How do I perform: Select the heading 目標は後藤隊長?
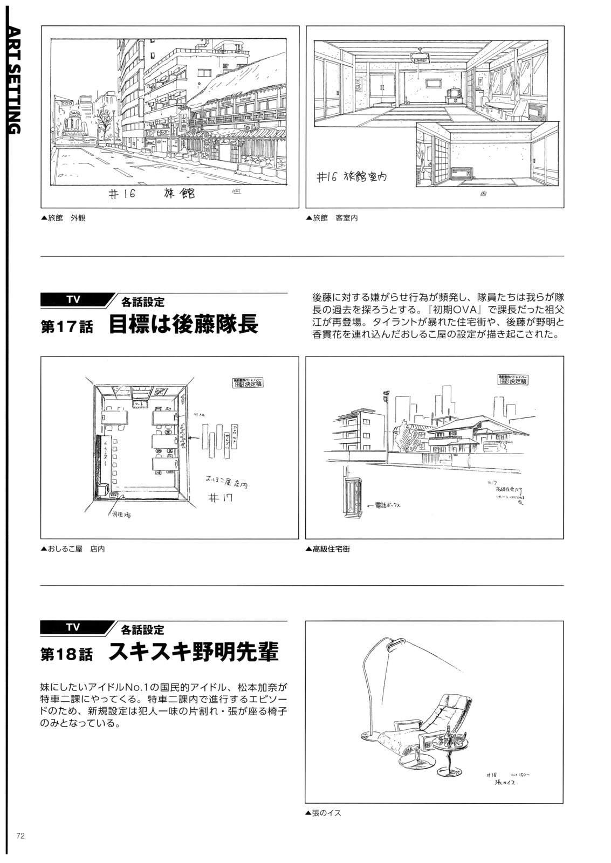pos(183,325)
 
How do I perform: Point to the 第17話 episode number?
pos(66,327)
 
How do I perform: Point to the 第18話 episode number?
pos(66,655)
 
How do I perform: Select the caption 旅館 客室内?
pos(332,218)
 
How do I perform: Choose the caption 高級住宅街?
pos(328,550)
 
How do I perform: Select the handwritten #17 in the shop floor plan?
pos(219,498)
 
